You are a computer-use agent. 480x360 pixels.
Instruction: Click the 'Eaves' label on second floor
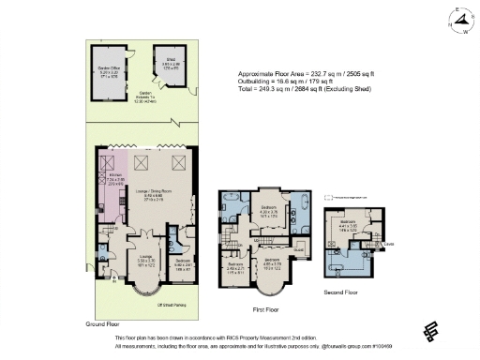pos(388,247)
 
